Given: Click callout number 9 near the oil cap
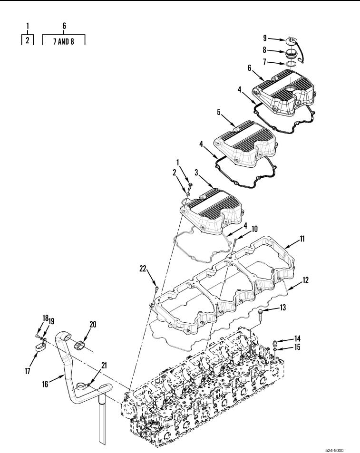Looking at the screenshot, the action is (265, 38).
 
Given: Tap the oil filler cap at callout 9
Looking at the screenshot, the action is (291, 40).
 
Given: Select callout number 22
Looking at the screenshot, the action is (143, 269).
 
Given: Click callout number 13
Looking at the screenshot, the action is (282, 308).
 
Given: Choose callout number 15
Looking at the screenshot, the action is (297, 347).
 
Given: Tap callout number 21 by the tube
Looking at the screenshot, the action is (104, 366).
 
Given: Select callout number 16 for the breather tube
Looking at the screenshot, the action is (45, 384).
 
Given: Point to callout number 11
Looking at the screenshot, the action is (302, 239).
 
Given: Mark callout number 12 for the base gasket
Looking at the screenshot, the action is (305, 280).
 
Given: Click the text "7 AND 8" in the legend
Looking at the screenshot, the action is (64, 42).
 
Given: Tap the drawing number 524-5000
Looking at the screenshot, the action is (334, 450).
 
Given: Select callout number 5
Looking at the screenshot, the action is (219, 112).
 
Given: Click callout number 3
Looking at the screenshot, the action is (196, 173).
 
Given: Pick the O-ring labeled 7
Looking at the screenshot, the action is (291, 64).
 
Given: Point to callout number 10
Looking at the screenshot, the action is (254, 229).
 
